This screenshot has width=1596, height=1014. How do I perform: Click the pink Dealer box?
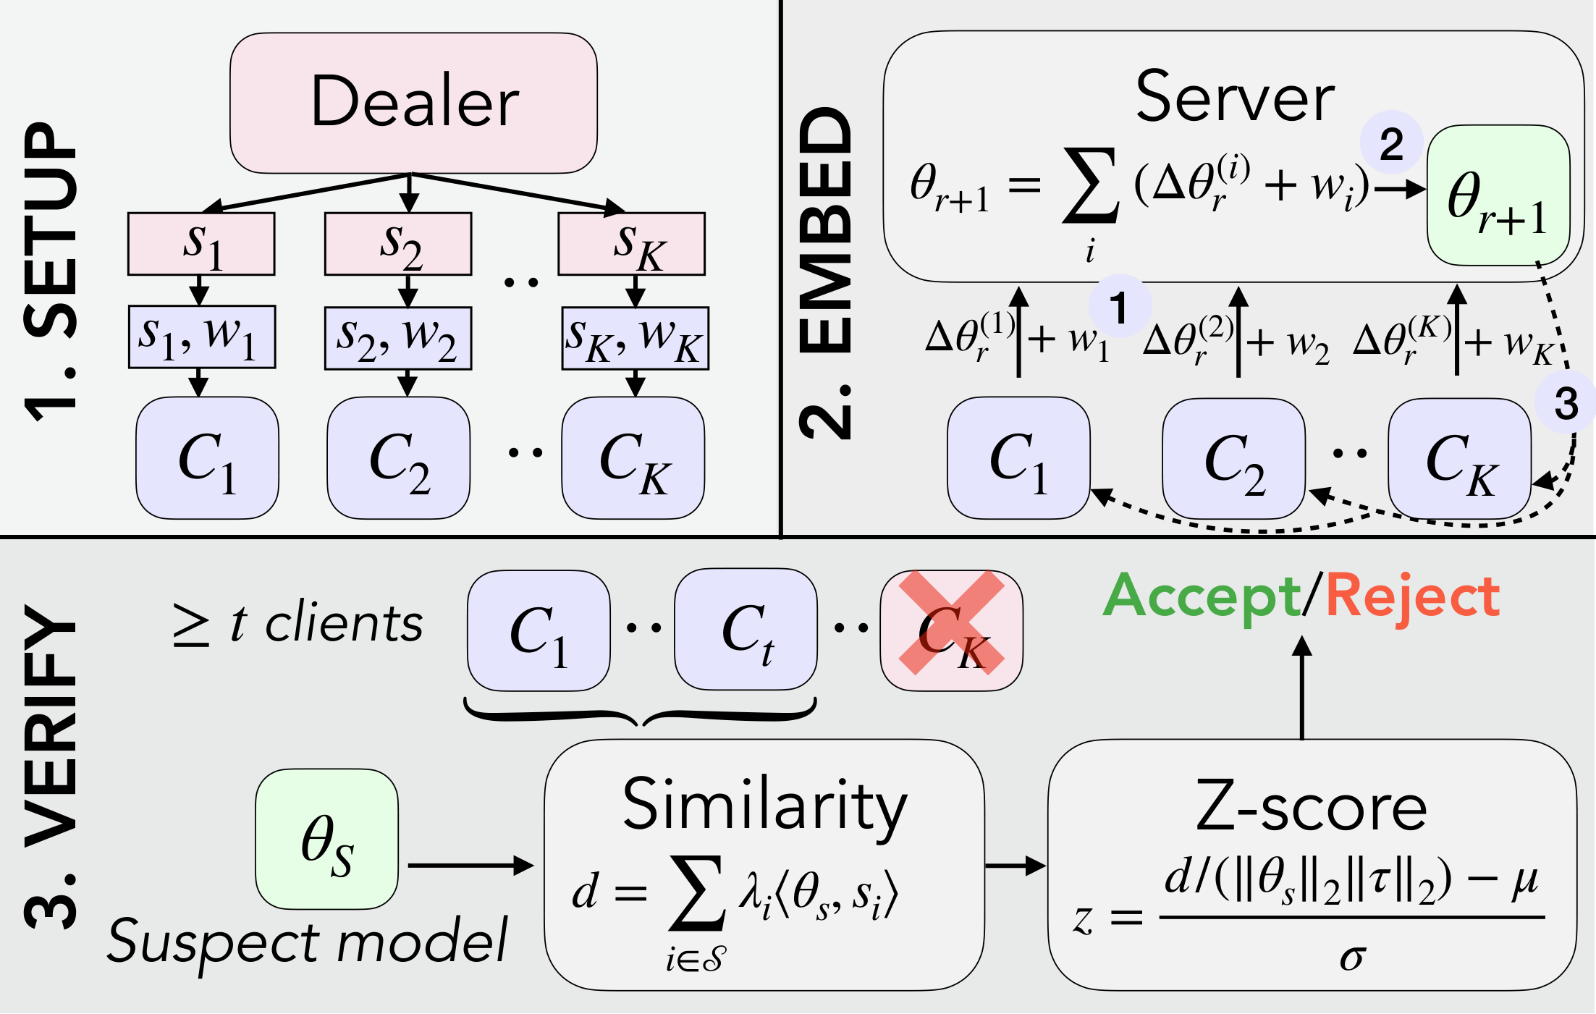(413, 103)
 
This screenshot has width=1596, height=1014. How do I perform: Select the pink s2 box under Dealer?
(398, 244)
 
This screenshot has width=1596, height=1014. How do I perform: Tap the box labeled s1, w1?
(202, 337)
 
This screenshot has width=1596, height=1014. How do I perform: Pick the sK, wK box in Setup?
(635, 338)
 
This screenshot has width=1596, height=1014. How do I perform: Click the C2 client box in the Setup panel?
(399, 457)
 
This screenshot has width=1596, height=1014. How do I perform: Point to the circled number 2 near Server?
(1392, 143)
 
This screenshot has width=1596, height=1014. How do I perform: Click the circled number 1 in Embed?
(1120, 306)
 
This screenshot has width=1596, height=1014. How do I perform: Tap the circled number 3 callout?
(1566, 402)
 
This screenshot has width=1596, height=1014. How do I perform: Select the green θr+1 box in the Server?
(1498, 196)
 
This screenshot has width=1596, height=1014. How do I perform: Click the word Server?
(1235, 97)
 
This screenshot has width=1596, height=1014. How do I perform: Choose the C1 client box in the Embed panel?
(1018, 458)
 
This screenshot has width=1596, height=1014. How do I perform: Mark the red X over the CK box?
(951, 622)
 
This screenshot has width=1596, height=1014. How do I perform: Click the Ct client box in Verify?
(746, 630)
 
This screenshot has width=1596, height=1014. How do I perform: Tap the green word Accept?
(1202, 597)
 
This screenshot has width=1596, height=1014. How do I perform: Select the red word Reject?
(1413, 597)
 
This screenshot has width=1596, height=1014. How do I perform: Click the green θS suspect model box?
(326, 839)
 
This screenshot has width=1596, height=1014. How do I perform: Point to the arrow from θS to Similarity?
(471, 865)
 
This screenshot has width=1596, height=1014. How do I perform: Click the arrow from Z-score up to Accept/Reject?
(1302, 688)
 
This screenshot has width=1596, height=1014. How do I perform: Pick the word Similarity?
(764, 806)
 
